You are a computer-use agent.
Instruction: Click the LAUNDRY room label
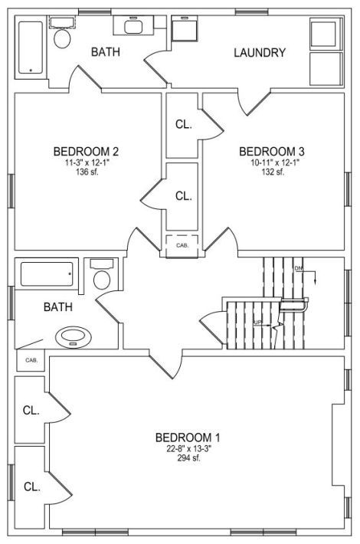coord(260,53)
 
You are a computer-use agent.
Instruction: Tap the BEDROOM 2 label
coord(86,152)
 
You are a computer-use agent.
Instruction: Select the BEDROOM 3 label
coord(272,152)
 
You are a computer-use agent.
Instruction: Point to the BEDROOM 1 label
coord(188,437)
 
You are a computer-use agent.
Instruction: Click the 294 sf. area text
coord(188,457)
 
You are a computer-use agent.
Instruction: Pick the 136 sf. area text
coord(87,172)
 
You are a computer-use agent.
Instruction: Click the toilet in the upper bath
coord(63,34)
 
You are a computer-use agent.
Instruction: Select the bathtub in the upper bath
coord(31,48)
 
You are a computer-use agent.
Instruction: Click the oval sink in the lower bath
coord(74,336)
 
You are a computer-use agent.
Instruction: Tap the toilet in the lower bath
coord(102,275)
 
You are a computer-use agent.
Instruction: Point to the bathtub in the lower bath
coord(47,274)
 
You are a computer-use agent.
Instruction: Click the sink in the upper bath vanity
coord(133,26)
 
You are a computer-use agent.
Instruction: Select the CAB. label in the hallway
coord(182,245)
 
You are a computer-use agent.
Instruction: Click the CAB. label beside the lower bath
coord(31,360)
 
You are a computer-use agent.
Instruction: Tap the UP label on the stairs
coord(257,323)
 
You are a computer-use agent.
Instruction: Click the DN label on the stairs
coord(298,268)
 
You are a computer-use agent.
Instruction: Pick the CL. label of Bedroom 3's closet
coord(184,125)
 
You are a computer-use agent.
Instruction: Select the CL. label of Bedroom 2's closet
coord(184,196)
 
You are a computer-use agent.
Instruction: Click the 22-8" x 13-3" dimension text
coord(189,448)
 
